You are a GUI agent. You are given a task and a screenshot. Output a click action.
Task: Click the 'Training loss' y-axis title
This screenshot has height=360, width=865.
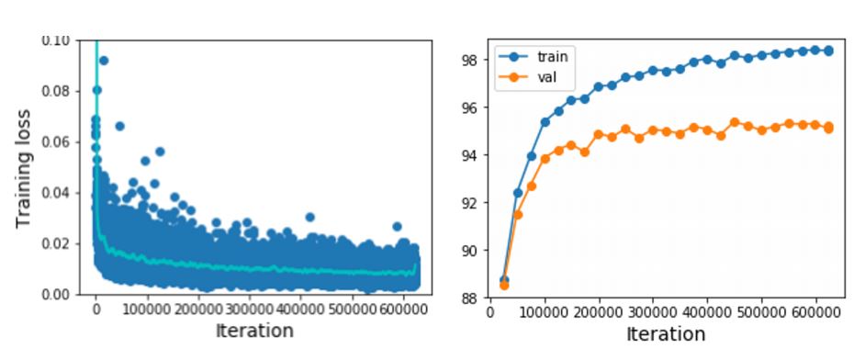(24, 168)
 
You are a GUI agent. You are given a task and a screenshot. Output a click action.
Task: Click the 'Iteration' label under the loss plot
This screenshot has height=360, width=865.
(254, 331)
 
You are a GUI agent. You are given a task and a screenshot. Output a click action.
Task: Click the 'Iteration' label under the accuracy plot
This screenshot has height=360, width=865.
(666, 334)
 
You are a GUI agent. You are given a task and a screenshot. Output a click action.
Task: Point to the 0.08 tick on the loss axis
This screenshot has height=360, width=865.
(58, 91)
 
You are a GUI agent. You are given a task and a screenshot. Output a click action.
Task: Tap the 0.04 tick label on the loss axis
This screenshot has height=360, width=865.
(58, 193)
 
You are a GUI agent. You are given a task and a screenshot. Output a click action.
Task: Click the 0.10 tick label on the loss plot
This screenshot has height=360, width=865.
(58, 41)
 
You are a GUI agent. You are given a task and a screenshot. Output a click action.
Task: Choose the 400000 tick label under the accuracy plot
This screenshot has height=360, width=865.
(707, 311)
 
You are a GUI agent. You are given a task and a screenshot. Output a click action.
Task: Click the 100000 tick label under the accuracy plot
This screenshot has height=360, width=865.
(545, 311)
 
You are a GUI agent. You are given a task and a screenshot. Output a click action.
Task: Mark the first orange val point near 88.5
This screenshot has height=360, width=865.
(503, 285)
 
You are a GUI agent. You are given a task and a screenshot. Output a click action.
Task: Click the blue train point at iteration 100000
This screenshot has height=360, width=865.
(545, 122)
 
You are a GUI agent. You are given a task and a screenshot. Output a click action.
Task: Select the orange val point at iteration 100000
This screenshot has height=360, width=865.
(545, 159)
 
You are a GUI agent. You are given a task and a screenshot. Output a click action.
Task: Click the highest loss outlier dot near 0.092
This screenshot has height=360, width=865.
(103, 61)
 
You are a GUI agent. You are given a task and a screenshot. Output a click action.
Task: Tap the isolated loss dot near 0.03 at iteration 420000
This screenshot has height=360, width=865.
(310, 218)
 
